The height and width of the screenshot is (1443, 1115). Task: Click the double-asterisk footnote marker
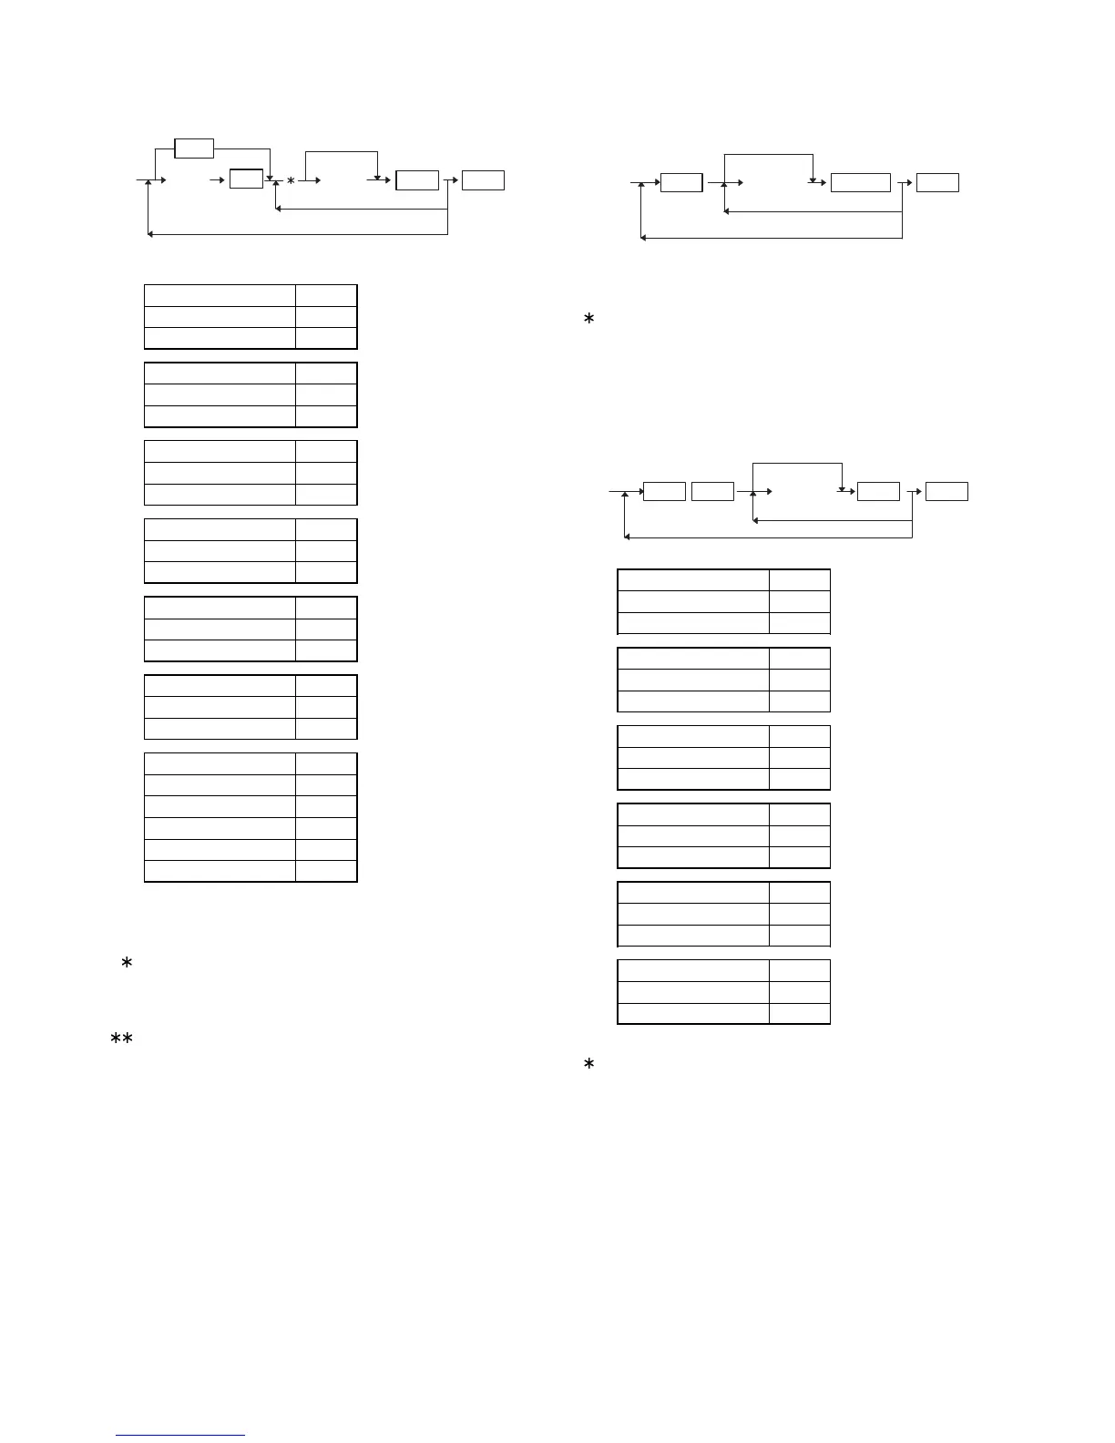(122, 1039)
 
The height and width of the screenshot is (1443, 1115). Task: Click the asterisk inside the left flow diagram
(291, 181)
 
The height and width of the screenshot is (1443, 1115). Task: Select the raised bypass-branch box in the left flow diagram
(194, 148)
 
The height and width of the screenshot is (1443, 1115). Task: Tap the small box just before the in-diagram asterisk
(246, 179)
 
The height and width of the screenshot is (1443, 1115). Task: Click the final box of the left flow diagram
(483, 180)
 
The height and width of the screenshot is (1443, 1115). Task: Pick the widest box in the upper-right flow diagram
(861, 182)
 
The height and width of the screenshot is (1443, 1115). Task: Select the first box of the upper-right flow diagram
(681, 182)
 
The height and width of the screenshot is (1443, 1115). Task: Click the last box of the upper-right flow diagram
(937, 182)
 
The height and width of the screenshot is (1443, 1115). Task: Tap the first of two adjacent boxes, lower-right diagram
(664, 492)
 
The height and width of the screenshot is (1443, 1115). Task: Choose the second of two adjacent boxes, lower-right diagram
(712, 492)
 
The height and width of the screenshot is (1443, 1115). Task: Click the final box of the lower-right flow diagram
(947, 492)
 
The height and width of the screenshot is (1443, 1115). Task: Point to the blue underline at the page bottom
(181, 1435)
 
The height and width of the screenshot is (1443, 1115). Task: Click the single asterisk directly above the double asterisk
(127, 964)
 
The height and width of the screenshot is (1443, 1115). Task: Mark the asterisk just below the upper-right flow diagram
(588, 320)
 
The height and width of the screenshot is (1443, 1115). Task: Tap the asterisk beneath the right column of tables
(588, 1064)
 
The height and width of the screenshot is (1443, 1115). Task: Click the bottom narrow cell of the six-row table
(326, 871)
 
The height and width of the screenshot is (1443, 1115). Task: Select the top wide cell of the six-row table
(220, 763)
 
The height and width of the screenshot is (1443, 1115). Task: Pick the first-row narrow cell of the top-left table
(326, 295)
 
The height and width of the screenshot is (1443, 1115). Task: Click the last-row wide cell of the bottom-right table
(693, 1013)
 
